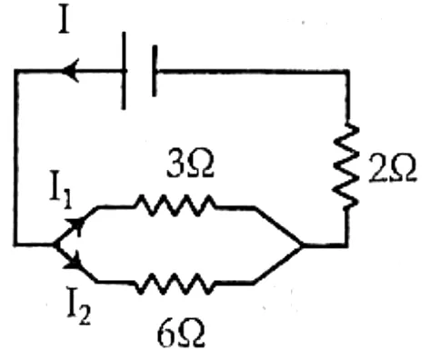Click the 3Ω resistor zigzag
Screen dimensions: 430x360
(175, 205)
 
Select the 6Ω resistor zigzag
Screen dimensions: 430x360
(175, 284)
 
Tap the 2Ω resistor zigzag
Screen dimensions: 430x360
(346, 166)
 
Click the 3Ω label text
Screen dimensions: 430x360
(190, 165)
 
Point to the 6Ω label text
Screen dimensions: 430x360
(181, 334)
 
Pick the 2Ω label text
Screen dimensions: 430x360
(392, 168)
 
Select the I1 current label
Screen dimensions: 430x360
(61, 190)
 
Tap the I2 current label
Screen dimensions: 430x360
(78, 306)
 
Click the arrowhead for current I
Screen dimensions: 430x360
(70, 71)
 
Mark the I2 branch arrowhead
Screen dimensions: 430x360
(74, 261)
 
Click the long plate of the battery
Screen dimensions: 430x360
(124, 71)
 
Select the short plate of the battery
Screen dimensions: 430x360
(155, 71)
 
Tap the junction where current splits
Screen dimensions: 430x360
(54, 245)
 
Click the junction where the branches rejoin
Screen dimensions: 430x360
(301, 245)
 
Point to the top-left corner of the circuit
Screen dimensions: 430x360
(16, 72)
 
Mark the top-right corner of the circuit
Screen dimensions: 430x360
(347, 72)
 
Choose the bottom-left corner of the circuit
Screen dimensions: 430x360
(15, 244)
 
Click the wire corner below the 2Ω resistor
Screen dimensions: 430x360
(346, 245)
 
